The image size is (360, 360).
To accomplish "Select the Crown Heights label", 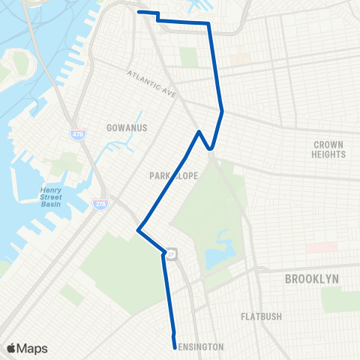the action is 328,148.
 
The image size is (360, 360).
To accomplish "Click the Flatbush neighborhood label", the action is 261,316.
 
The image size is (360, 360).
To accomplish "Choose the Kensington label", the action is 199,347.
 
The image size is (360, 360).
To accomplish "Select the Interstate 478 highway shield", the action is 77,134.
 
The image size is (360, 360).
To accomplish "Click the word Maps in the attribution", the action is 32,348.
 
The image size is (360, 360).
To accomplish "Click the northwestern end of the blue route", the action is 139,12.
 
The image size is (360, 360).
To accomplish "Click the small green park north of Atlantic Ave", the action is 188,56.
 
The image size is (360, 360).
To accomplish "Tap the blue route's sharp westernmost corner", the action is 138,229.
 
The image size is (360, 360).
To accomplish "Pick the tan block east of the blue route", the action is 239,57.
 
